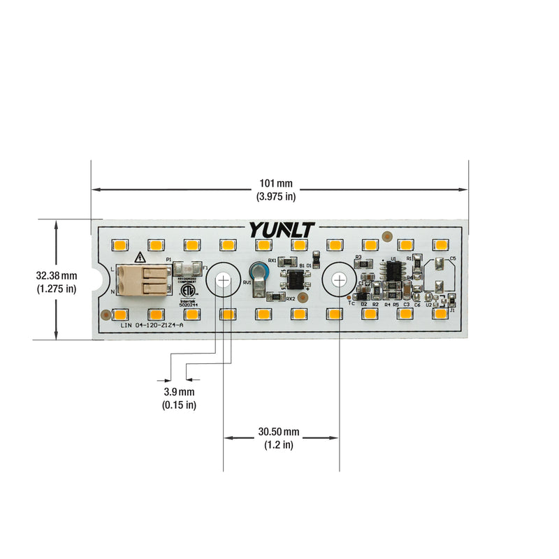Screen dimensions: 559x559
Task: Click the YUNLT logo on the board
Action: point(282,230)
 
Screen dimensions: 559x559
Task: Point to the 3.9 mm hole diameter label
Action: point(179,398)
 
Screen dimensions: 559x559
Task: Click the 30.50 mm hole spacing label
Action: point(278,438)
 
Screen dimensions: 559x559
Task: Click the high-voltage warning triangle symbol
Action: point(140,256)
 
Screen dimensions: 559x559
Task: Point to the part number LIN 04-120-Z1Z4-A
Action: point(152,325)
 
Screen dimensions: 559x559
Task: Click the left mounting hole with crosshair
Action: point(223,279)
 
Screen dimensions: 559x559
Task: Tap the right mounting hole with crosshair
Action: point(338,279)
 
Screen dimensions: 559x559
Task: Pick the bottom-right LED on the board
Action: point(440,314)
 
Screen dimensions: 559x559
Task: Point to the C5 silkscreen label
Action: point(453,258)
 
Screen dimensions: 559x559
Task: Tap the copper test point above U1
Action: point(386,236)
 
